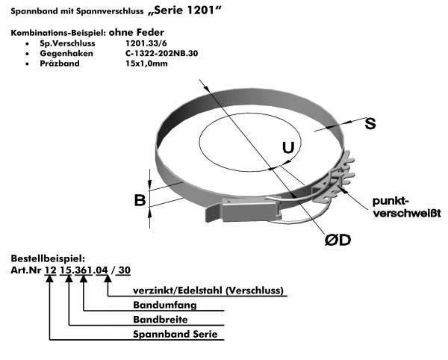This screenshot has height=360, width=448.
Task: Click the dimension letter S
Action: click(370, 123)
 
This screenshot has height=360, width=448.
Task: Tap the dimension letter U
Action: click(288, 148)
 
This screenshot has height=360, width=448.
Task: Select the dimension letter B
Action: click(140, 200)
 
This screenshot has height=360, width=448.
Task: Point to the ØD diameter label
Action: click(337, 240)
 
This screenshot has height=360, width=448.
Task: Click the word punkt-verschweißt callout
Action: click(407, 207)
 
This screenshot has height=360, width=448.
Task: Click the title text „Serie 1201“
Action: click(185, 10)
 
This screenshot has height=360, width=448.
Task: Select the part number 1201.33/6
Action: click(146, 43)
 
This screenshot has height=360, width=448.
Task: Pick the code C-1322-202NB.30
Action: click(162, 54)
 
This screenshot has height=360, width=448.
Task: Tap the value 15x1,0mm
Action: click(146, 63)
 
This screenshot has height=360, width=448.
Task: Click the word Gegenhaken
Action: click(66, 54)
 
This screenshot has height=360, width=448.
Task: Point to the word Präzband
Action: click(60, 63)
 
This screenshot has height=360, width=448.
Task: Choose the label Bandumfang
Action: click(165, 305)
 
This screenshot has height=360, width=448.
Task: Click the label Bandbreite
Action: click(161, 320)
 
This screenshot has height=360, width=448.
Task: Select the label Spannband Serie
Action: click(175, 334)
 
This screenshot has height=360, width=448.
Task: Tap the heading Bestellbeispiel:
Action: click(48, 258)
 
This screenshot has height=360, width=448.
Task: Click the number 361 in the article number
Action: click(83, 270)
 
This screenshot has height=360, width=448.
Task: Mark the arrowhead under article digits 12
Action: click(50, 279)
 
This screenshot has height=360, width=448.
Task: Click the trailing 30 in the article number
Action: click(124, 270)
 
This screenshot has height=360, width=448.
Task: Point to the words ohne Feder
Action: click(137, 32)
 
